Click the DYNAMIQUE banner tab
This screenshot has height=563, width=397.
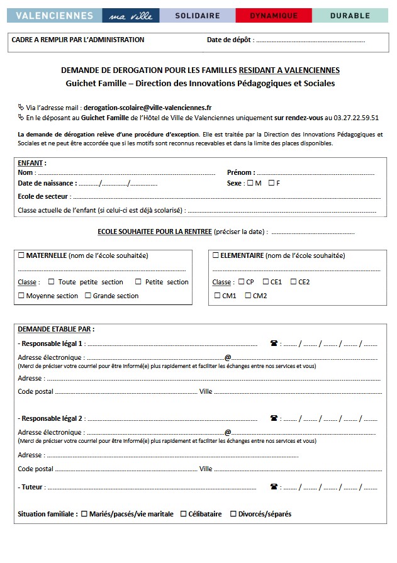coord(273,16)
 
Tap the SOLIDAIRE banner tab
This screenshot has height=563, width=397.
coord(197,16)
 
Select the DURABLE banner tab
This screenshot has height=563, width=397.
coord(350,16)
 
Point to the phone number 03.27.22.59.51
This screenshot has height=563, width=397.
coord(356,117)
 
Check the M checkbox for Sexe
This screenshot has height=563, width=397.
coord(250,183)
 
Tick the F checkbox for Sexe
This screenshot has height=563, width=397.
coord(271,183)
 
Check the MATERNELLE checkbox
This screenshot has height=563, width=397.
coord(21,255)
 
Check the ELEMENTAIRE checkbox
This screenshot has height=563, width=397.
coord(216,255)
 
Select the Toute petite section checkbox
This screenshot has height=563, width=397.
coord(52,282)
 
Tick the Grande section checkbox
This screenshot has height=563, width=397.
coord(88,296)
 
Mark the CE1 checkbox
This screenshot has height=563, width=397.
coord(266,282)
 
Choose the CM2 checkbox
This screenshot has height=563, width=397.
coord(248,296)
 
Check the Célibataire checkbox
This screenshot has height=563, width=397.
coord(184,514)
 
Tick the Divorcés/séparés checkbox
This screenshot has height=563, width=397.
coord(233,514)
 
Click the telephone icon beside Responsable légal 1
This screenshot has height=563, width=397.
coord(274,343)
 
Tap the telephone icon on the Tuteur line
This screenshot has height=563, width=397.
coord(274,486)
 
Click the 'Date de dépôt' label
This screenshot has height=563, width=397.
coord(230,40)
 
